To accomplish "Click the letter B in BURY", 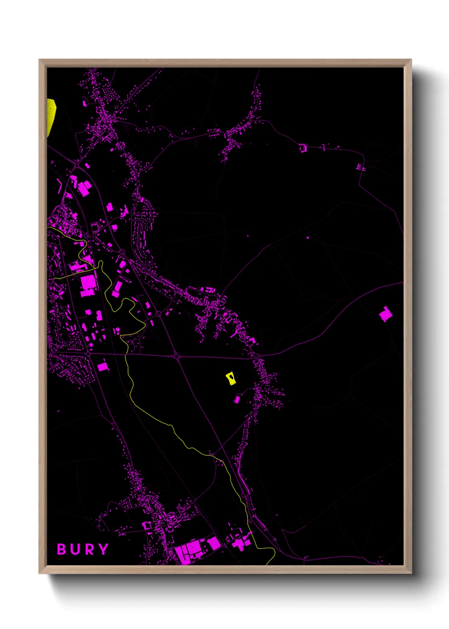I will tap(62, 549).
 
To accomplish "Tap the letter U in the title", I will tap(75, 549).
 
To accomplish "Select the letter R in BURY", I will tap(89, 549).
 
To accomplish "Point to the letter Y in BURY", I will tap(103, 549).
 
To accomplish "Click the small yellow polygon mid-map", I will tap(231, 378).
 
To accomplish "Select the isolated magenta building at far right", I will tap(385, 314).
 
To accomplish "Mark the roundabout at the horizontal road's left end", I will tap(88, 353).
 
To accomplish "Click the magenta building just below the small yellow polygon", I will tap(237, 399).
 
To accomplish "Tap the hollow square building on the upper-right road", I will tap(303, 148).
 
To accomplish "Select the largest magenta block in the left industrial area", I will tap(89, 284).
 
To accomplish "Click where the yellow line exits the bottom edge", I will tap(268, 564).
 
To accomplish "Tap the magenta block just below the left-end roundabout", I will tap(102, 367).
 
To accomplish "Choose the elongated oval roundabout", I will tap(122, 252).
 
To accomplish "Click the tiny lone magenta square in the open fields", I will tap(308, 238).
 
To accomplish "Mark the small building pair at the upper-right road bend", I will tap(361, 167).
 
